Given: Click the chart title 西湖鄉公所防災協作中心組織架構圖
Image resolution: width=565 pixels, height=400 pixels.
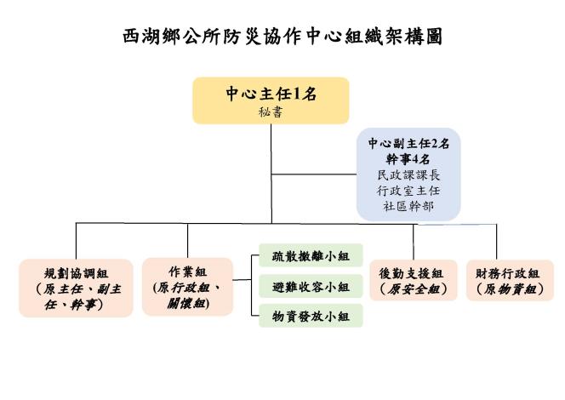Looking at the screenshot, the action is coord(282,37).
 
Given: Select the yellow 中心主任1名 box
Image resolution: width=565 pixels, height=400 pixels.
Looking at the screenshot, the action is coord(271,100).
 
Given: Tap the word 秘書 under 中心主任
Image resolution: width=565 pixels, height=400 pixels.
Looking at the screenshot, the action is coord(271,112).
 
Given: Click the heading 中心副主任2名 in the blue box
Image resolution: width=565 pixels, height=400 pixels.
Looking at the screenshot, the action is coord(408,144).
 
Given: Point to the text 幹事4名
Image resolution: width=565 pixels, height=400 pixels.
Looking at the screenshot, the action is coord(408,159).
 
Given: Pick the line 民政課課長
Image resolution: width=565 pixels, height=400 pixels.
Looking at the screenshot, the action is coord(408,175).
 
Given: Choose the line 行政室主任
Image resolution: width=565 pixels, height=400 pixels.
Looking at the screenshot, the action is coord(408,191).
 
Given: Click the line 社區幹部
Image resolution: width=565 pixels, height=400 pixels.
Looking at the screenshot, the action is coord(408,206).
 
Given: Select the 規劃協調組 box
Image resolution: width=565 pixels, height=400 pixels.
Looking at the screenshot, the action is coord(76,288).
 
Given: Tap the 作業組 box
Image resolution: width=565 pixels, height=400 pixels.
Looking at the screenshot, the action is coord(187,287).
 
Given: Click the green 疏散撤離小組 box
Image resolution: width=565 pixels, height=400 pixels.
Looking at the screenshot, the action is coord(311,255).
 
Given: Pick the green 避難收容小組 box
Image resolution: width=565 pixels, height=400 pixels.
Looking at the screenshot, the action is coord(311,286).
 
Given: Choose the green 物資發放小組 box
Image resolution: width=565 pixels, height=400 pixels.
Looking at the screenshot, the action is coord(311,316).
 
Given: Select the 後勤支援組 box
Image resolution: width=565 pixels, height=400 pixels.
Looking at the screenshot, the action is coord(414,280).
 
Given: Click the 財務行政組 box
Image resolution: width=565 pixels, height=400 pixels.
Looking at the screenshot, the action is coord(510,280).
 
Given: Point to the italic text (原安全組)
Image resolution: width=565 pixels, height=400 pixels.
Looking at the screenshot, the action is coord(414,289).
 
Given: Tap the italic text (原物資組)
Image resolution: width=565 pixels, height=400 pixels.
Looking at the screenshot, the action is coord(510,289).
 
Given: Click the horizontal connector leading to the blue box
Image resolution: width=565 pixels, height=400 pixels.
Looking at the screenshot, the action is coord(314,174).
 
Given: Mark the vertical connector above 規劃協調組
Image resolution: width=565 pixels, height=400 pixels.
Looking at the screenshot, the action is coord(76,241).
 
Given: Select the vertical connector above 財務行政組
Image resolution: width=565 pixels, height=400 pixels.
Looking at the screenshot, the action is coord(497,243).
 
